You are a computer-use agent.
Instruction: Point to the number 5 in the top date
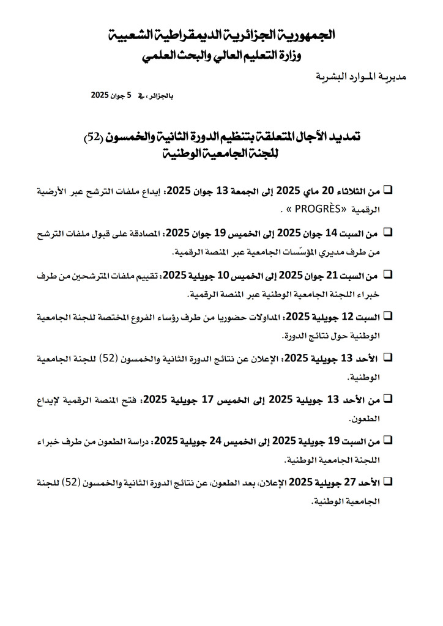point(130,96)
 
